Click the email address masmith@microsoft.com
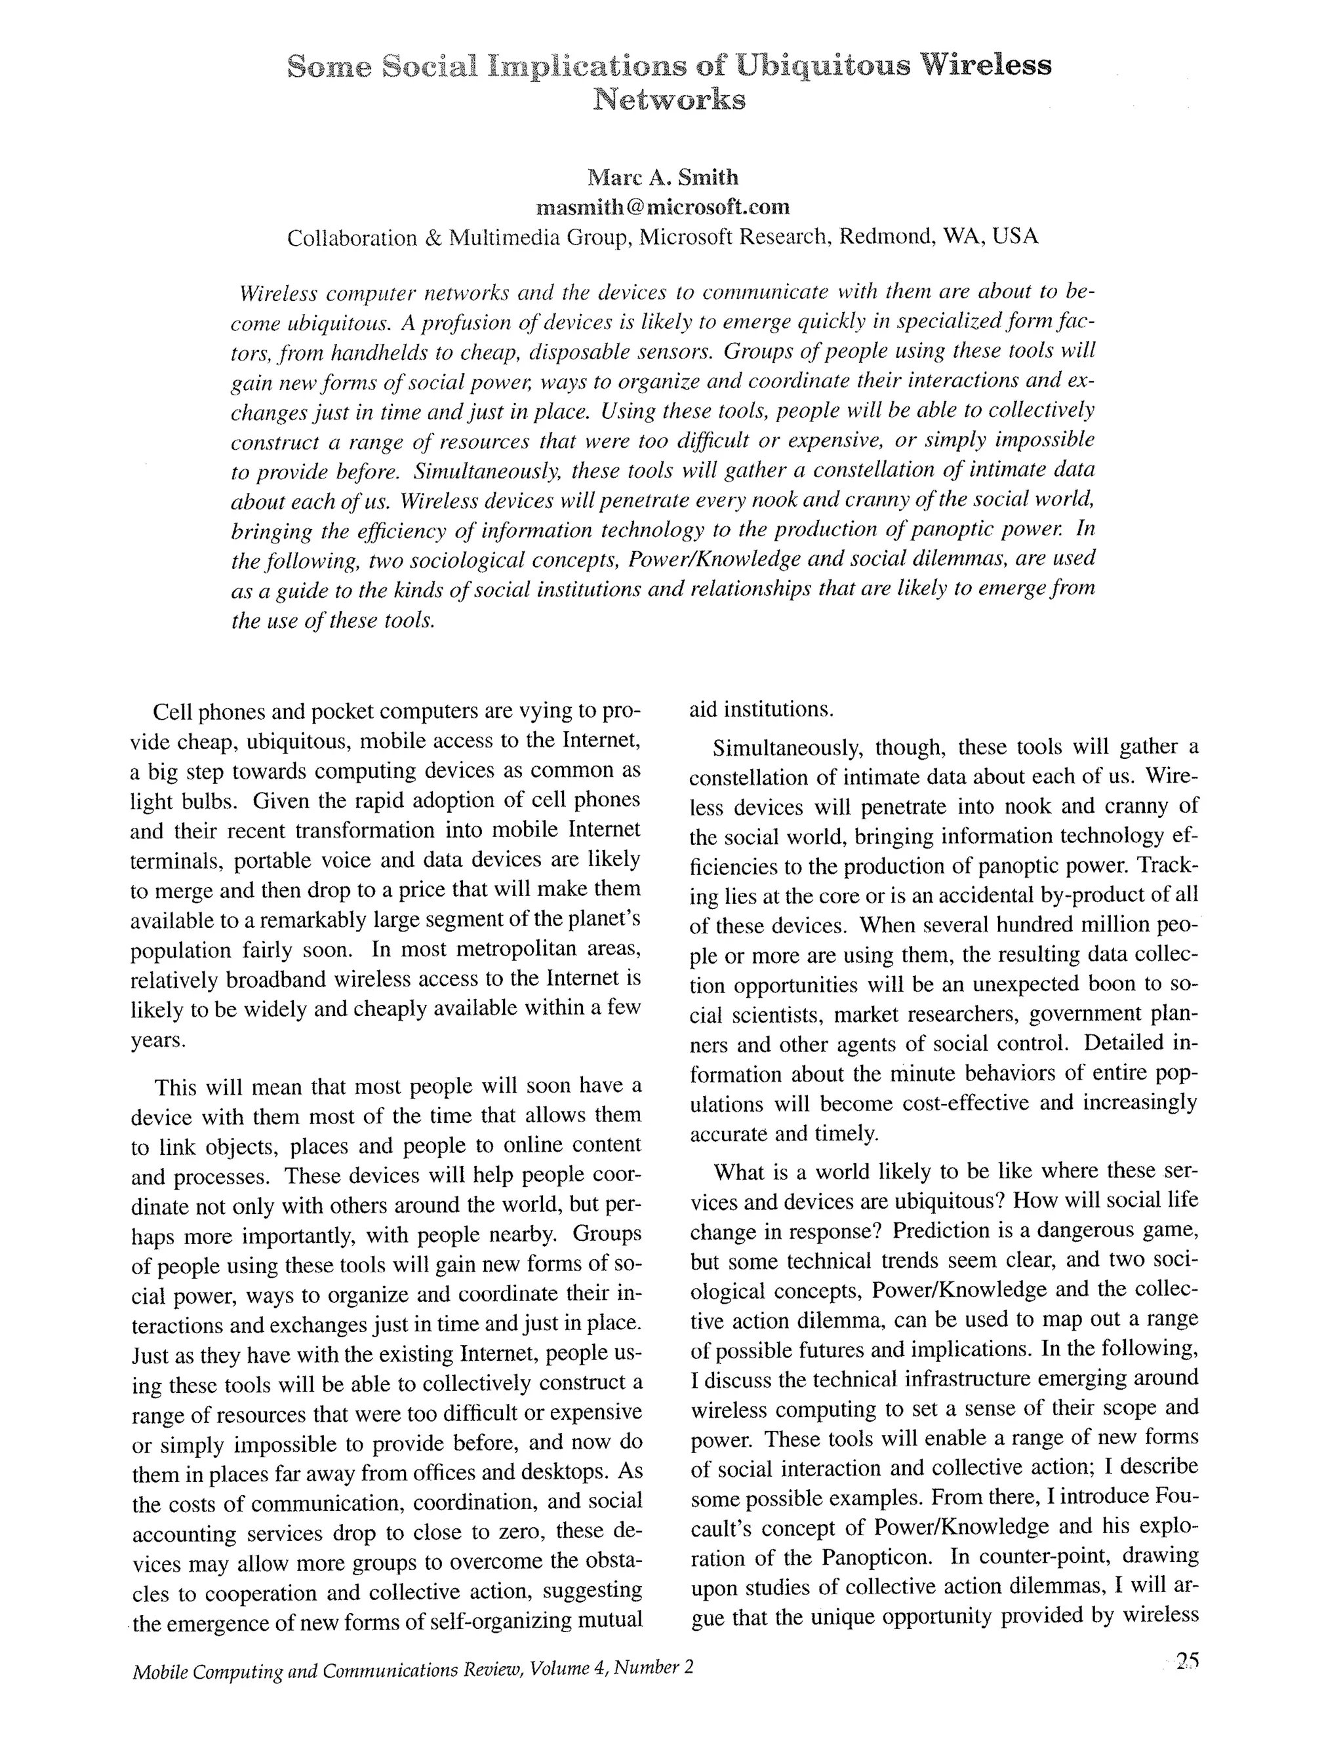point(663,208)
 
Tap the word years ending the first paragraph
point(157,1040)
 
